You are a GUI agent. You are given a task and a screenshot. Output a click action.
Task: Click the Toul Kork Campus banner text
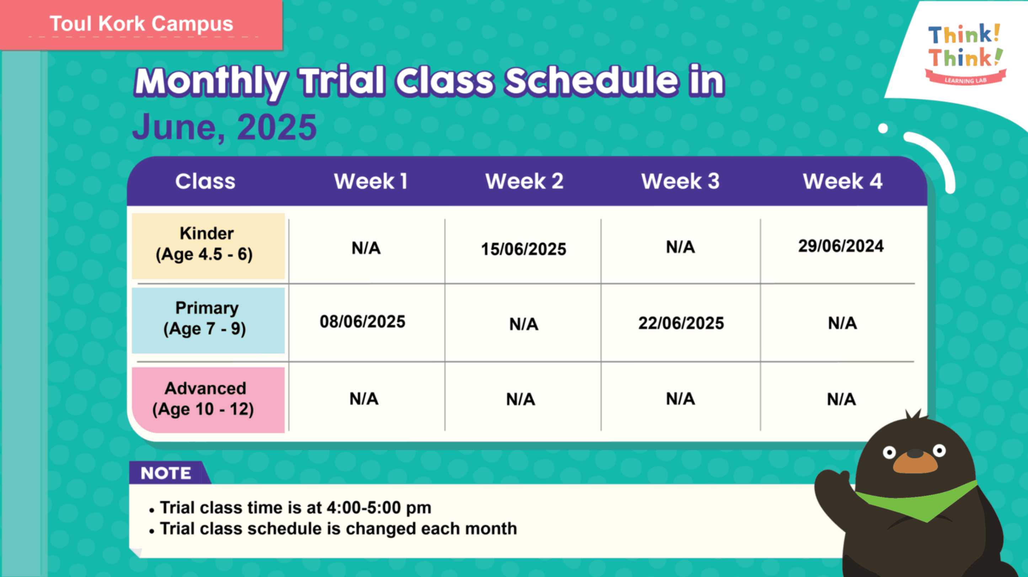click(141, 23)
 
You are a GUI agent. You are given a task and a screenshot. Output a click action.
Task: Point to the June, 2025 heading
click(224, 127)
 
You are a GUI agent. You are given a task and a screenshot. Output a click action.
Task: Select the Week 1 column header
click(371, 182)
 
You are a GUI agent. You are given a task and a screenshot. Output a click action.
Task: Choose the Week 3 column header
click(680, 182)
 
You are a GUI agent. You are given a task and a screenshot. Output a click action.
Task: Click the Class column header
click(205, 182)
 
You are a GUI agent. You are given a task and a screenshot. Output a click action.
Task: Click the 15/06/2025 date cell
click(524, 249)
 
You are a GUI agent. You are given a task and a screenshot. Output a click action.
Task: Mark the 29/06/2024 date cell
click(841, 246)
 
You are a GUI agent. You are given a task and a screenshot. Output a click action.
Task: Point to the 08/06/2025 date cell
click(362, 322)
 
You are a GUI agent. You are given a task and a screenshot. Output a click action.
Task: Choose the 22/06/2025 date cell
click(681, 323)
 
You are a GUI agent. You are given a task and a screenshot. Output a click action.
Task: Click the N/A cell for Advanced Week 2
click(521, 399)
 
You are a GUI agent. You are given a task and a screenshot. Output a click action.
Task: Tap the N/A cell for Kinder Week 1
click(366, 248)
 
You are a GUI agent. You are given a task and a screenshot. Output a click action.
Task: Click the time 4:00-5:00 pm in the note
click(379, 508)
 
